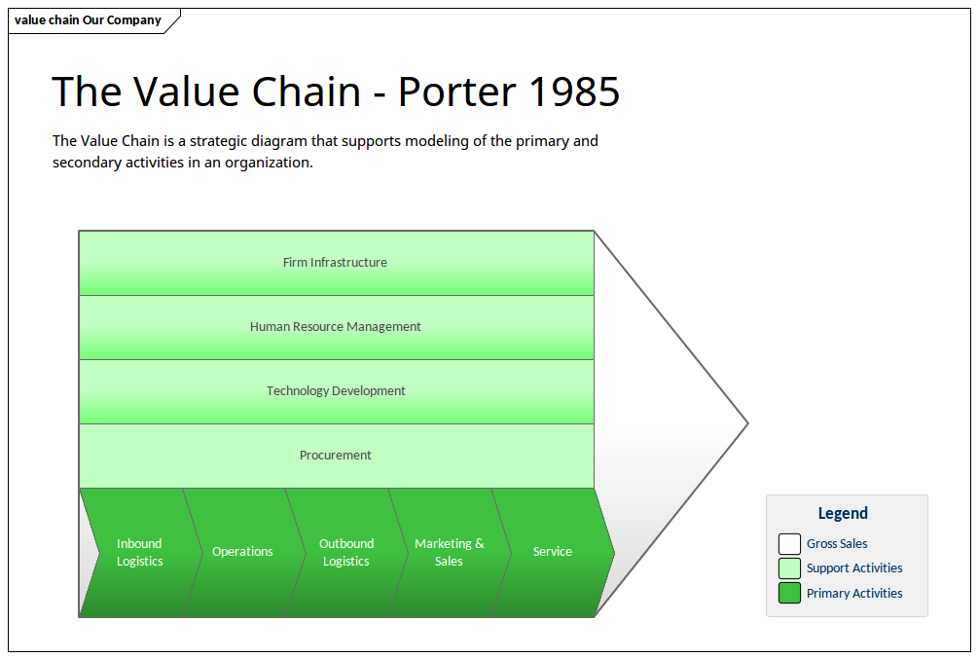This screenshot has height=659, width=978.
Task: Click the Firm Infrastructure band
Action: [x=336, y=263]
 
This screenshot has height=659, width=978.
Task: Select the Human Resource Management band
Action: [x=336, y=327]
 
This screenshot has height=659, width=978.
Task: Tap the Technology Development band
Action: [x=336, y=391]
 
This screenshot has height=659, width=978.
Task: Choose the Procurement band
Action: [x=336, y=456]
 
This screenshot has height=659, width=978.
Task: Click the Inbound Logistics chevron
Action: [x=140, y=552]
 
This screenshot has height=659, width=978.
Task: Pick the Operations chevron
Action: [x=242, y=552]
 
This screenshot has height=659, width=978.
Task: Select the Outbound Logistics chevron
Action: [x=346, y=552]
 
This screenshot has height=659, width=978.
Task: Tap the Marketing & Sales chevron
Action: [x=449, y=552]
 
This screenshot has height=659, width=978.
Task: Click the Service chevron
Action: [x=553, y=552]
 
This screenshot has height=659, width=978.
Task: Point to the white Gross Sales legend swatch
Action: [x=789, y=544]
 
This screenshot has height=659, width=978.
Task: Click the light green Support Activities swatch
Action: [x=789, y=568]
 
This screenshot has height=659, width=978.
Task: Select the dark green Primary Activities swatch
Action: [x=789, y=593]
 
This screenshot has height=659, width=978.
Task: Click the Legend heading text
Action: [x=843, y=513]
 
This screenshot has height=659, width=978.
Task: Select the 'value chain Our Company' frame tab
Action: [x=89, y=20]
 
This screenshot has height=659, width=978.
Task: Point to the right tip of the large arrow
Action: [x=745, y=423]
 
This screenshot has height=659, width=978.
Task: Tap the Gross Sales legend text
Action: [x=837, y=544]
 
